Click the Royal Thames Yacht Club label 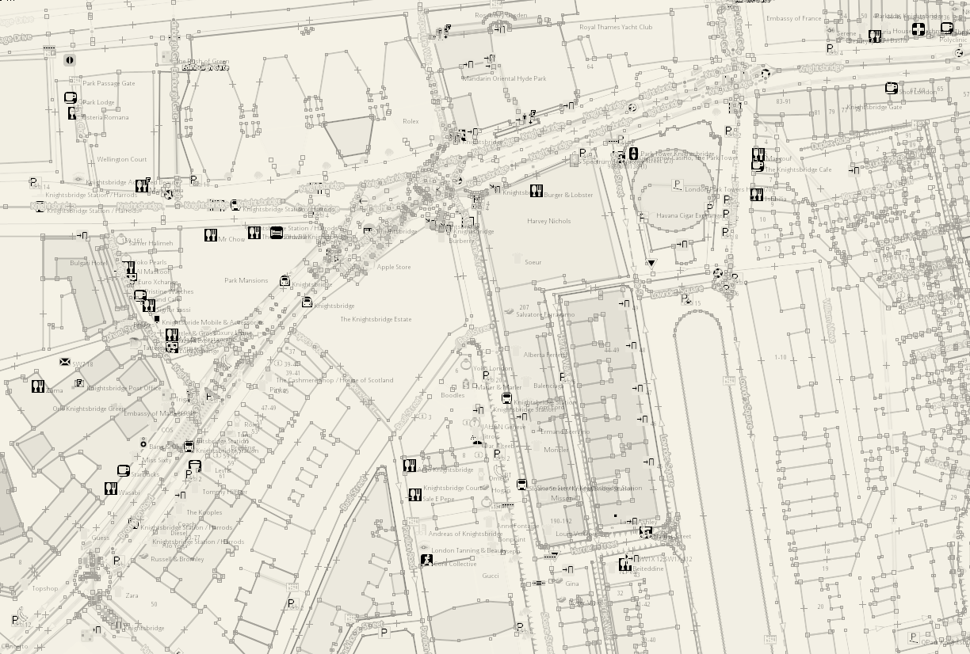click(x=616, y=27)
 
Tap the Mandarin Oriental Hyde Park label click(x=505, y=78)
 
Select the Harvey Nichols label click(x=548, y=222)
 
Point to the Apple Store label click(x=394, y=268)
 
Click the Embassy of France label click(x=793, y=19)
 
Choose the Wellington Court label click(x=122, y=160)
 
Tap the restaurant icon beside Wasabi click(x=111, y=489)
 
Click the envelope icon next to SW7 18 click(x=65, y=362)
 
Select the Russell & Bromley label click(x=178, y=559)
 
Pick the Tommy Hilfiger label click(x=224, y=492)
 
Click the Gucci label click(x=491, y=576)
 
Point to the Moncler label click(x=556, y=450)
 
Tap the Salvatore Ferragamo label click(x=545, y=314)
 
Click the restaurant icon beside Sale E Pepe click(x=414, y=495)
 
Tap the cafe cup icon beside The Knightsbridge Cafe click(x=758, y=167)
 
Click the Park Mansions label click(x=246, y=280)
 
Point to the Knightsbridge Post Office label click(x=124, y=389)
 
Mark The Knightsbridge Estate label click(x=376, y=319)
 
